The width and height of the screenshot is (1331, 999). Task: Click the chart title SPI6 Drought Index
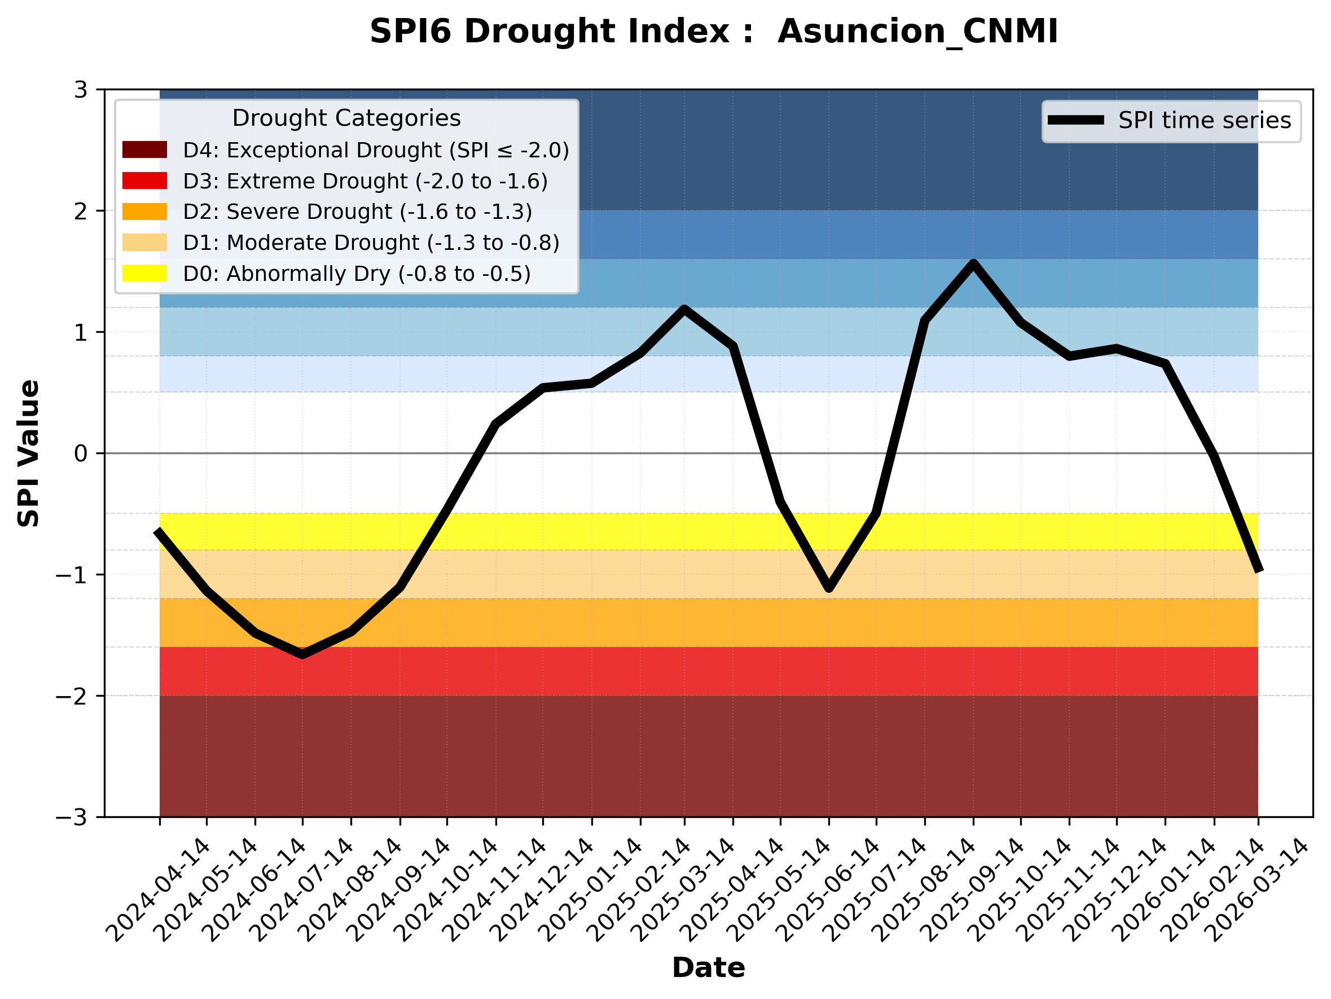pos(714,31)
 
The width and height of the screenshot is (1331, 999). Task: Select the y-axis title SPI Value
pos(28,454)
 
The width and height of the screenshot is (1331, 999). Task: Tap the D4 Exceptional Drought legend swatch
pos(144,149)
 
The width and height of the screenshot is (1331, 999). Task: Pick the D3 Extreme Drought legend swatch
pos(144,181)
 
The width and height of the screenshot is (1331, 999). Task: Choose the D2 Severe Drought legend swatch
pos(144,212)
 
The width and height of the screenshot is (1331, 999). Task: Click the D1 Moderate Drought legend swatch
pos(144,243)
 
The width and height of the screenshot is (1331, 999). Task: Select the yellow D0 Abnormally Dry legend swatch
pos(144,273)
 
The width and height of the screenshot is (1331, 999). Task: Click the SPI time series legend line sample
pos(1076,120)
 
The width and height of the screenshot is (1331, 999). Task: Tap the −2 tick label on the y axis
pos(71,697)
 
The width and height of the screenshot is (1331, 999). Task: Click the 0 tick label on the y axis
pos(81,454)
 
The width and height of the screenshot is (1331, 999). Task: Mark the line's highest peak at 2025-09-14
pos(973,263)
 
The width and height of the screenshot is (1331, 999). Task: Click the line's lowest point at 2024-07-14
pos(302,654)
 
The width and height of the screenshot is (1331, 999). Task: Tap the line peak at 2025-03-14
pos(684,309)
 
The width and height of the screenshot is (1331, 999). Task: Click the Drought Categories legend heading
pos(346,118)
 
